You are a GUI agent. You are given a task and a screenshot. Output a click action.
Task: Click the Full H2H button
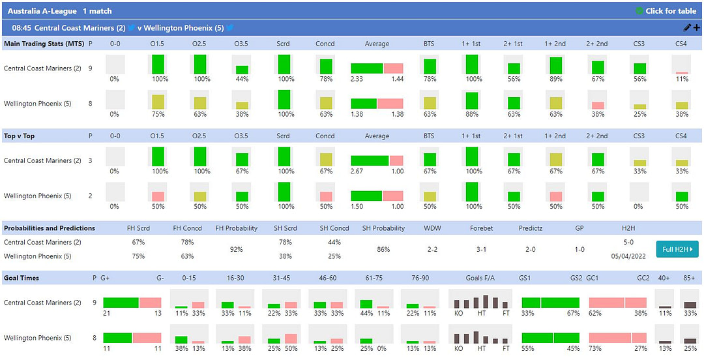677,248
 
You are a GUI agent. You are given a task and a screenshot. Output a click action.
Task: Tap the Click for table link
666,11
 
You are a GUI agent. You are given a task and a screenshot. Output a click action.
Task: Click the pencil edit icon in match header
686,28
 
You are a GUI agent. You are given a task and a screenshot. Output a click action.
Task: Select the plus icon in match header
696,28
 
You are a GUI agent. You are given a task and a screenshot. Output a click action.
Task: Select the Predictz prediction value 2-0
531,249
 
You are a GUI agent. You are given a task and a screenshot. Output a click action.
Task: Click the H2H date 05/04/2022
628,256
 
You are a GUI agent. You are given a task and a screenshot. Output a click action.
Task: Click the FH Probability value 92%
236,249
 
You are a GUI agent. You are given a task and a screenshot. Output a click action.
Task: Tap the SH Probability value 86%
383,249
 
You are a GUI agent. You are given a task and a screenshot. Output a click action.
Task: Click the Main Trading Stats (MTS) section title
44,44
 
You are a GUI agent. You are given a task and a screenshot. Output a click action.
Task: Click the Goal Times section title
22,278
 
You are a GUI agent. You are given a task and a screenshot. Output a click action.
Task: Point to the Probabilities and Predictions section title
50,228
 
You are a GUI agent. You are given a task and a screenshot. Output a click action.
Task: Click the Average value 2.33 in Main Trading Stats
357,79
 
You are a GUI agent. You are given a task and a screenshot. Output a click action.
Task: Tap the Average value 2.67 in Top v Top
357,172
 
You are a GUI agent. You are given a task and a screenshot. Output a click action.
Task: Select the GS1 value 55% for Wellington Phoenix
527,348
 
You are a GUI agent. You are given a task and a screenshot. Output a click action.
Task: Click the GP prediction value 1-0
579,249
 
